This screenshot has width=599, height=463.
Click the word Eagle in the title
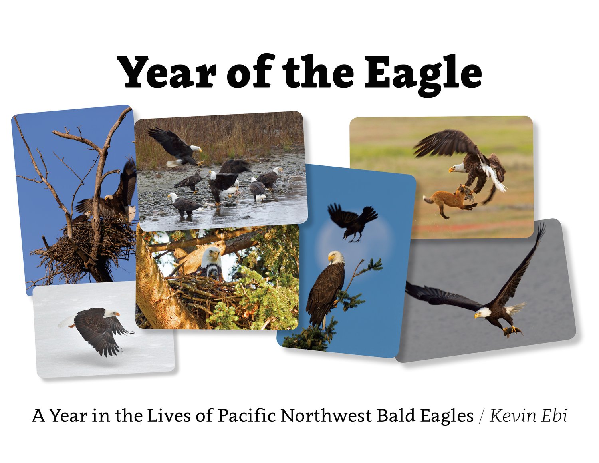pyautogui.click(x=423, y=74)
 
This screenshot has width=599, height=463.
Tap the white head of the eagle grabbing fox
pyautogui.click(x=457, y=168)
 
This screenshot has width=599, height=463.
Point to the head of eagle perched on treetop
pyautogui.click(x=336, y=258)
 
